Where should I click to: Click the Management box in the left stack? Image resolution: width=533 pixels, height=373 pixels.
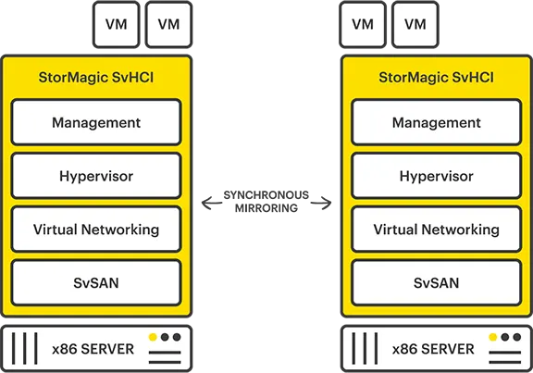[x=96, y=123]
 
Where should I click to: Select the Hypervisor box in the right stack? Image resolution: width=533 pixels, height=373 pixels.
[x=436, y=176]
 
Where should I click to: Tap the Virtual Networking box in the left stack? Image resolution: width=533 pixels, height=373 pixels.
[x=96, y=230]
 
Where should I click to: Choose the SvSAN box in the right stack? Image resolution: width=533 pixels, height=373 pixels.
[x=436, y=282]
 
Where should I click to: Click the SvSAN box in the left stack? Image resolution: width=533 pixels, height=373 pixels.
[x=96, y=282]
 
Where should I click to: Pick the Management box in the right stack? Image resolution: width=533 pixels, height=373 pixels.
[x=436, y=123]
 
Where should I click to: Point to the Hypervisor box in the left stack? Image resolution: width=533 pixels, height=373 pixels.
[x=96, y=176]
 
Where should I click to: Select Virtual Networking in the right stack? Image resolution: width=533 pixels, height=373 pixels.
[x=436, y=230]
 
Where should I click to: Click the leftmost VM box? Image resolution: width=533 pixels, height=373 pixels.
[x=116, y=24]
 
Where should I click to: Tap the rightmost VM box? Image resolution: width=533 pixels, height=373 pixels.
[x=415, y=24]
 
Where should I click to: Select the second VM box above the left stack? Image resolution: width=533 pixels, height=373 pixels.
[x=168, y=24]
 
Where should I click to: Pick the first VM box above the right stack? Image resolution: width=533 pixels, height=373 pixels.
[x=363, y=24]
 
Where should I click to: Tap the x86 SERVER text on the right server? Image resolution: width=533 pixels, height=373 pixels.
[x=433, y=349]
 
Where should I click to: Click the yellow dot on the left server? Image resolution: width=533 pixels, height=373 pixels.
[x=153, y=338]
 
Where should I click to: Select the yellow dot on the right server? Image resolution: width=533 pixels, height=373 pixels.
[x=493, y=338]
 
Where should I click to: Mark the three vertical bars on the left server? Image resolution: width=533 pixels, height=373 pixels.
[x=26, y=349]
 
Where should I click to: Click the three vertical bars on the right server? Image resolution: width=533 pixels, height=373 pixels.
[x=366, y=349]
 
